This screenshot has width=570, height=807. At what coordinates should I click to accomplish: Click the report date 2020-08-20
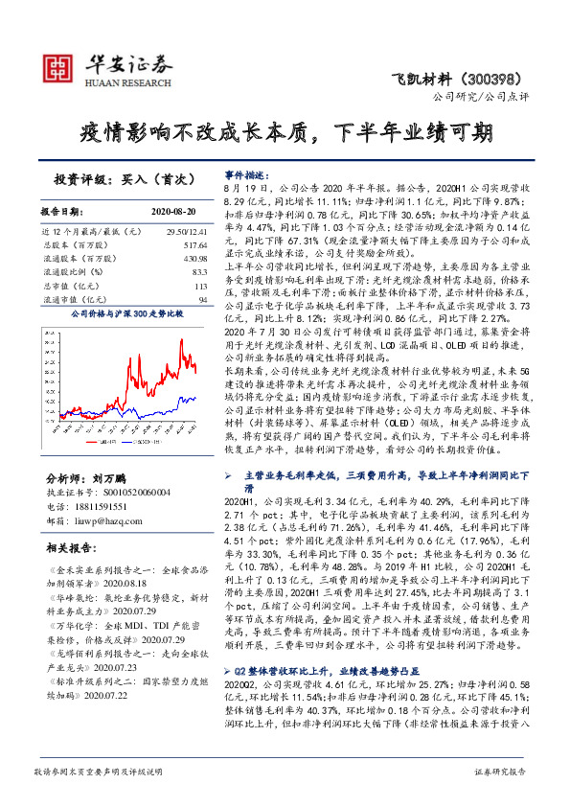(172, 211)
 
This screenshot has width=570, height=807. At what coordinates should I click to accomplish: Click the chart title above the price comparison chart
(126, 313)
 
